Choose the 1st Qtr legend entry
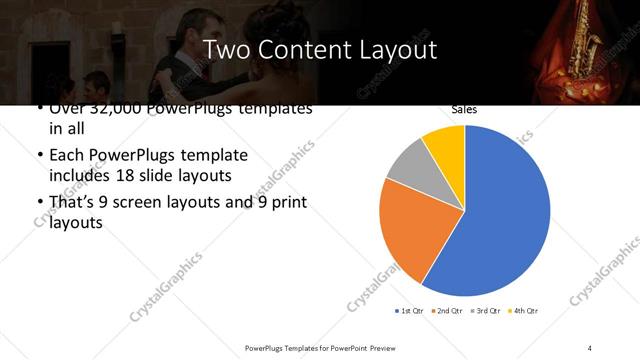(410, 311)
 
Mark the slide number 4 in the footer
(590, 347)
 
